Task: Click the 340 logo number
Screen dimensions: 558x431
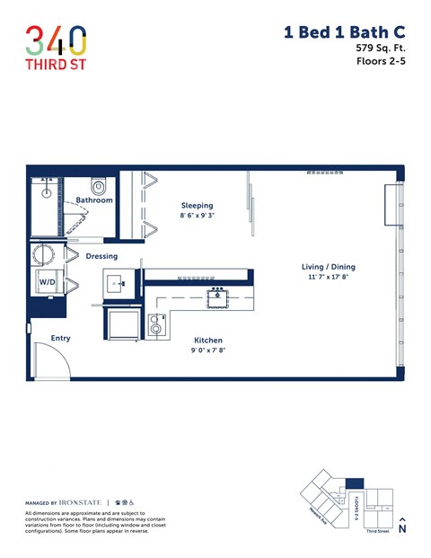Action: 56,40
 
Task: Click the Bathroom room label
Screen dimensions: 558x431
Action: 94,200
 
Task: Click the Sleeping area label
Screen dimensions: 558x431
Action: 197,205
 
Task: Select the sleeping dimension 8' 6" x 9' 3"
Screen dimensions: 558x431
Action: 197,217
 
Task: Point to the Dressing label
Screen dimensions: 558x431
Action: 101,256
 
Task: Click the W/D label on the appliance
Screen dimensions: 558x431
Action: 47,281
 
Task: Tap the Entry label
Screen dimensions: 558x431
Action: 60,338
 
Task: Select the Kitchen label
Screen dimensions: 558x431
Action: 208,341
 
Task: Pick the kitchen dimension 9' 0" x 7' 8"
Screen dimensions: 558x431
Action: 208,352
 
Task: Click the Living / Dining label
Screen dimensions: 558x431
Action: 328,267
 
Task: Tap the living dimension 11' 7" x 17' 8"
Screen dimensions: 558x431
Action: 328,279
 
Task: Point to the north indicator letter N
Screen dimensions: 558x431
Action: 401,529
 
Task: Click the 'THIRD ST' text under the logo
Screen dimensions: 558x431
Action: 56,66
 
